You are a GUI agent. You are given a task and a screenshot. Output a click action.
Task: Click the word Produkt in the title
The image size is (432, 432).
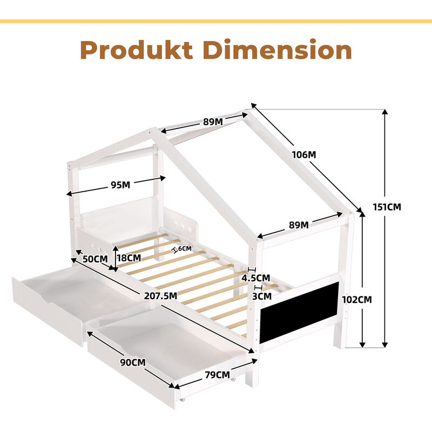pos(137,50)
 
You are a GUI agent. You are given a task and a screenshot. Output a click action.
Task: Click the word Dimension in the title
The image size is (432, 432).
pos(278,49)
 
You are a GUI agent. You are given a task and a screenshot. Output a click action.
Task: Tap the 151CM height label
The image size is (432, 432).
pos(387,207)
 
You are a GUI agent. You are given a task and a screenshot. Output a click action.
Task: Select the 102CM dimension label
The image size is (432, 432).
pos(357,300)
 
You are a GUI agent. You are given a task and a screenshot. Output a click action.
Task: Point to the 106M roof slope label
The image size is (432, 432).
pos(304,155)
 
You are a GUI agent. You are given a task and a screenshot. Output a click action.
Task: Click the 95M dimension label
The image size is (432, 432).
pos(120,185)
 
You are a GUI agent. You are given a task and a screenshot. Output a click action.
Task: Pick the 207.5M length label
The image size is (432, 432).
pos(160,295)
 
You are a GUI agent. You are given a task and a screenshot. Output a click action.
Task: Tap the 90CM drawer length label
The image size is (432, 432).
pos(133,362)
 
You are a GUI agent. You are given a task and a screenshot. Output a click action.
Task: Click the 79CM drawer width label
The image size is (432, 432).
pos(217,375)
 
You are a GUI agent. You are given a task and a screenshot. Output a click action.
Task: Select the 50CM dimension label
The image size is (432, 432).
pos(96,259)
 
